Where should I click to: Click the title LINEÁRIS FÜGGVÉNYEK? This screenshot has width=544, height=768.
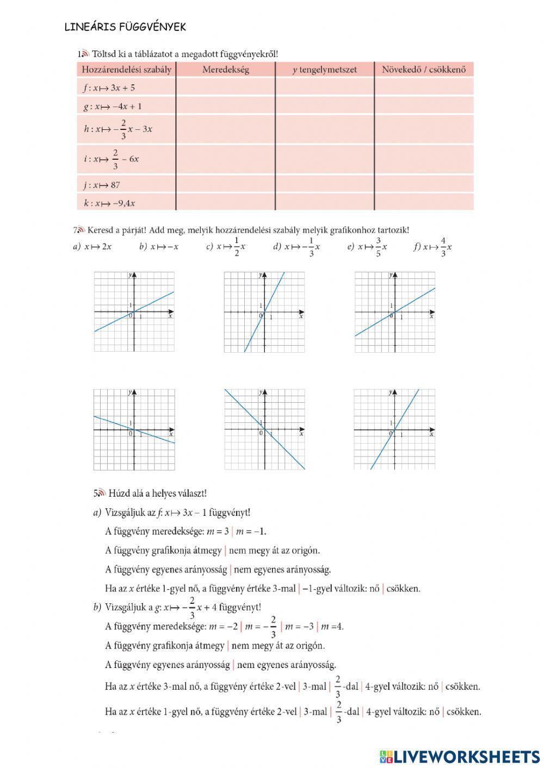point(125,27)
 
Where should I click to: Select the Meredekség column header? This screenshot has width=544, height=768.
point(225,70)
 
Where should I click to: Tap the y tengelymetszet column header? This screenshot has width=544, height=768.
point(324,70)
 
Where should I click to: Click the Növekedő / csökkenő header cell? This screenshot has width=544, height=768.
point(424,70)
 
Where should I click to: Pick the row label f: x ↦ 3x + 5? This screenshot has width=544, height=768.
point(109,87)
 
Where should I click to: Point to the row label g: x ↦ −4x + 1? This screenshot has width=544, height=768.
point(112,106)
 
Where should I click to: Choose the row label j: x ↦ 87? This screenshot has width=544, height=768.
point(102,185)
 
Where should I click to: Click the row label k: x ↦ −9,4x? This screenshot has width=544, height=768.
point(109,203)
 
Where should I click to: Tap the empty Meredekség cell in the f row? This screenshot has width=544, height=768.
point(225,87)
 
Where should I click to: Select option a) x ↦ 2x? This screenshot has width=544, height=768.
point(92,247)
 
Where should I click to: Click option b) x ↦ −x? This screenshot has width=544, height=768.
point(159,247)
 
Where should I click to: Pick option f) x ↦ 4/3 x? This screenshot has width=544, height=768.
point(433,247)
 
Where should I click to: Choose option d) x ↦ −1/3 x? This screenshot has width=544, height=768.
point(296,247)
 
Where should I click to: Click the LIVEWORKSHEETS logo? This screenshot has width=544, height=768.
point(460,756)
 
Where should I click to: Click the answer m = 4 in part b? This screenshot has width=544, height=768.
point(332,626)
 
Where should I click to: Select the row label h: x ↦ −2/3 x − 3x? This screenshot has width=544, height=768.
point(118,129)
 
